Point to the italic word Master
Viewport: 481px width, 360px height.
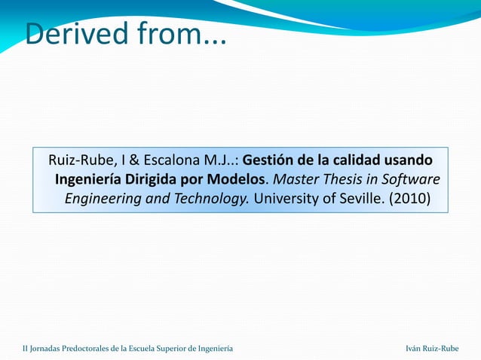[x=296, y=180]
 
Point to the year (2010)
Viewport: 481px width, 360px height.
[x=409, y=200]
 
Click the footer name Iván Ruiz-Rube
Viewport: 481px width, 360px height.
[x=432, y=348]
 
